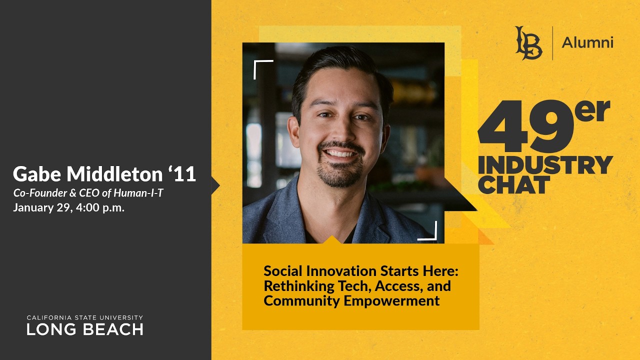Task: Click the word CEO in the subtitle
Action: (89, 193)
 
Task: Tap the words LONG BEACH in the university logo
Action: (85, 329)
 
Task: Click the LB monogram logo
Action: (528, 43)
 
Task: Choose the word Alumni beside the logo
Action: (587, 43)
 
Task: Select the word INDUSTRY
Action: (545, 165)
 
